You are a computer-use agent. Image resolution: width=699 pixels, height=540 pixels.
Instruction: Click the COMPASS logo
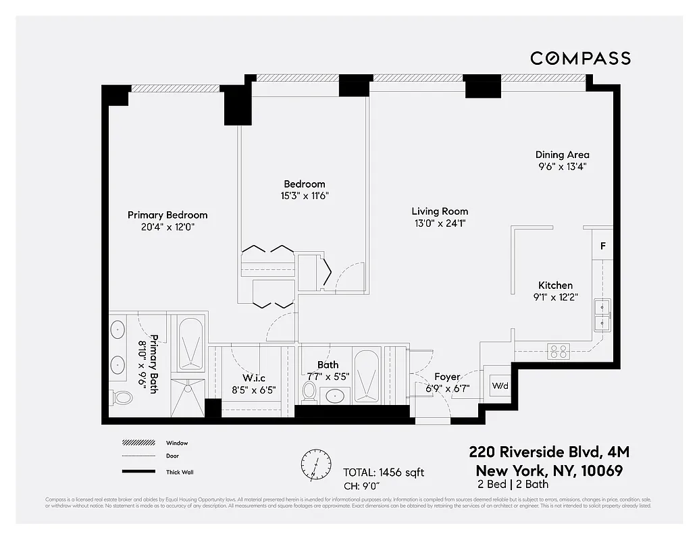pos(580,58)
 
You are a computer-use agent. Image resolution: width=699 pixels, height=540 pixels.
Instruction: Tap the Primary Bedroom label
pos(167,215)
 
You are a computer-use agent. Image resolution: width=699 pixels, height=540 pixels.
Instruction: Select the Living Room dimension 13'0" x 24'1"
pos(440,223)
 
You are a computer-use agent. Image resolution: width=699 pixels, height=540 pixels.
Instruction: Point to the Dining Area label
pos(562,155)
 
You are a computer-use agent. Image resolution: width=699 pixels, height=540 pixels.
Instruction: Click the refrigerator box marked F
pos(602,246)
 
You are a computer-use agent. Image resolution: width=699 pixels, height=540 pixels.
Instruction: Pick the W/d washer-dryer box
pos(500,386)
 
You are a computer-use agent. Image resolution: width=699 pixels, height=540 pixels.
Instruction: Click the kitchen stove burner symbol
pos(559,351)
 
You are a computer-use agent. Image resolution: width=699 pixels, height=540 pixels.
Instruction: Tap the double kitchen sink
pos(602,315)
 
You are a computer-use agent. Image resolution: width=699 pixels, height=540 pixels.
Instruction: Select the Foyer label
pos(447,377)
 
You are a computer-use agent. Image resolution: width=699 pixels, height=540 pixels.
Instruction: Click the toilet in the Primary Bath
pos(122,397)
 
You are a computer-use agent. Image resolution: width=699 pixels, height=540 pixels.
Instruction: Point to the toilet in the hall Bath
pos(310,391)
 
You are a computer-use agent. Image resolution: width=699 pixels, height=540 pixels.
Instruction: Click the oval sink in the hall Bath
pos(334,396)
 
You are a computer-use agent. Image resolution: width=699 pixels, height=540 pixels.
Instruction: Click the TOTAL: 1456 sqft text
pos(384,473)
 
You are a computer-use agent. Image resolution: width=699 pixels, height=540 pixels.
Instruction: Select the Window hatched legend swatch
pos(138,443)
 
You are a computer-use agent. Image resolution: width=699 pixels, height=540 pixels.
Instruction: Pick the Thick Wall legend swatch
pos(138,471)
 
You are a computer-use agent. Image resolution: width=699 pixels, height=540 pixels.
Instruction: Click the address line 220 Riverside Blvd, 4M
pos(549,452)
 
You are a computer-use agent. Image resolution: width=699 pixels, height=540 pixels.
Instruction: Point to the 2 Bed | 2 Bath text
pos(513,484)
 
